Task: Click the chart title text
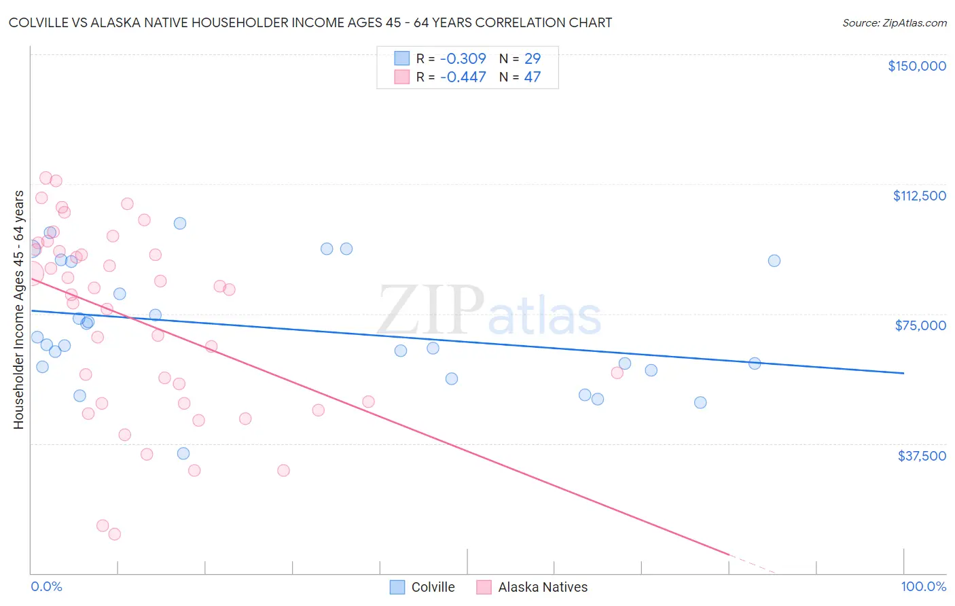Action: click(x=310, y=22)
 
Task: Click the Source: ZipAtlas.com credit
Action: click(x=894, y=22)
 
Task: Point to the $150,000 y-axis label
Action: click(x=916, y=66)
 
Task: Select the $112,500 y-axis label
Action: click(x=919, y=196)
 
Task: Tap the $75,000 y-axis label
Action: click(x=920, y=325)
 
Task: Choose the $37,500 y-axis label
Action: click(x=921, y=456)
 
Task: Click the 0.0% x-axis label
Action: click(x=46, y=586)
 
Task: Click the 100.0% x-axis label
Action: click(x=923, y=586)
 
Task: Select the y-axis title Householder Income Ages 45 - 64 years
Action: click(x=19, y=310)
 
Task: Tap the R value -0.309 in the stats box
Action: click(x=463, y=58)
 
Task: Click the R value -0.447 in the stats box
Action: click(x=463, y=77)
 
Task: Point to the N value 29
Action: click(x=532, y=58)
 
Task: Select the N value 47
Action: click(x=532, y=77)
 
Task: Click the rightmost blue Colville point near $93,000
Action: click(x=774, y=261)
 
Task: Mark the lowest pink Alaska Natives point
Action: click(x=115, y=534)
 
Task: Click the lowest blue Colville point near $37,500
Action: click(x=183, y=453)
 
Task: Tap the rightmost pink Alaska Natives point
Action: click(x=617, y=372)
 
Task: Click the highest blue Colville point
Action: click(x=180, y=224)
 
